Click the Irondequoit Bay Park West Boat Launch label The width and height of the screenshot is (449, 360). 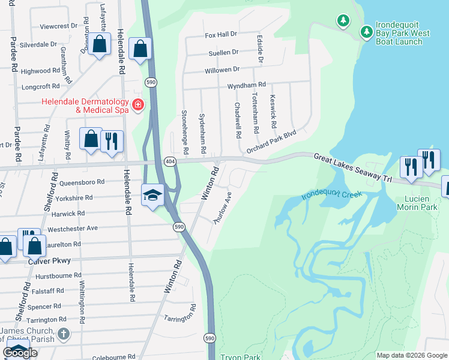coord(403,34)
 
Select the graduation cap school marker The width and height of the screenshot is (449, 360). coord(152,195)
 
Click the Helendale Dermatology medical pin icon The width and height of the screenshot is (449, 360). coord(138,105)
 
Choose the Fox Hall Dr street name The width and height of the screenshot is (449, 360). coord(221,35)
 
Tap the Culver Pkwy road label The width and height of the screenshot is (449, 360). coord(50,261)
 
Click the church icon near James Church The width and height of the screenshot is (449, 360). coord(64,334)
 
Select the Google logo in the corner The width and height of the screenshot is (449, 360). coord(19,352)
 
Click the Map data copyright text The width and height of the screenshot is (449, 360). coord(411,355)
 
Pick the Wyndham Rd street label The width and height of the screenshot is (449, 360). coord(246,86)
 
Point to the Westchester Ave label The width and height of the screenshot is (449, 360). coord(72,229)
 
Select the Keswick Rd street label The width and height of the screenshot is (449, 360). coord(273,112)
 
